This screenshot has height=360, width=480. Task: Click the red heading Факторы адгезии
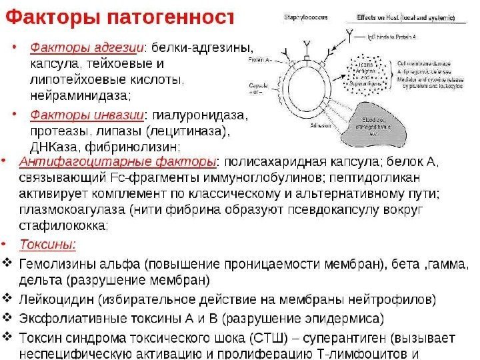(89, 48)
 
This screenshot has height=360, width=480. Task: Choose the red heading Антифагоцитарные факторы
(119, 162)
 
